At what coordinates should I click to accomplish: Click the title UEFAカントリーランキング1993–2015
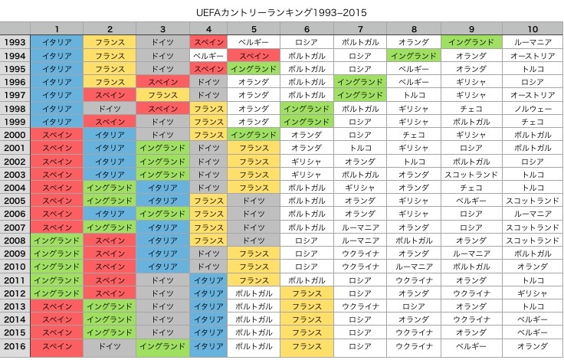282,13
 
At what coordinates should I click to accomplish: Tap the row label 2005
15,201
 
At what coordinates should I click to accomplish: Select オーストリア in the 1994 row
532,56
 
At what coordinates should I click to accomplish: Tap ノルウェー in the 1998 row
532,109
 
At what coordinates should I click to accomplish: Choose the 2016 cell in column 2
110,346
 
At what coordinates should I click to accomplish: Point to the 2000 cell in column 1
57,135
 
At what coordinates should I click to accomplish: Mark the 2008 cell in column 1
57,241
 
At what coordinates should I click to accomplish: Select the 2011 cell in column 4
208,280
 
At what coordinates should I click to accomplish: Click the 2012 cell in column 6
307,293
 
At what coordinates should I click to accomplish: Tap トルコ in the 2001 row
360,148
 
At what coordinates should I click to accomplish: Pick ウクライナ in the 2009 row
360,254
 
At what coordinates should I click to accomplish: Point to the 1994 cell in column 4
208,56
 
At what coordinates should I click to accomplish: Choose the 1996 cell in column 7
360,82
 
